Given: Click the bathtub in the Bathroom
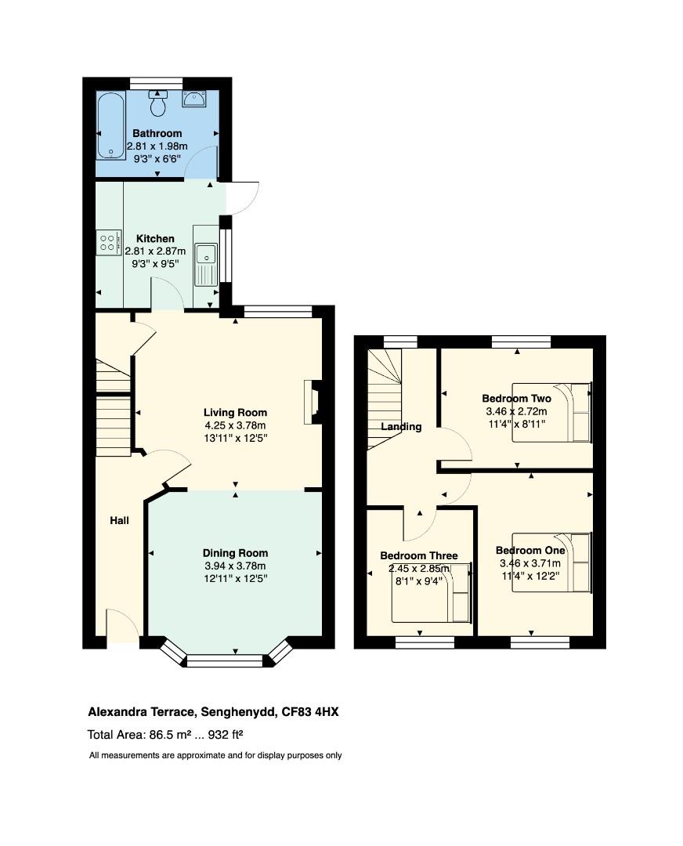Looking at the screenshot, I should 110,126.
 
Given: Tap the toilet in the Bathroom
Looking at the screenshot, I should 158,102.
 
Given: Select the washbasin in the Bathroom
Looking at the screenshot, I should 193,99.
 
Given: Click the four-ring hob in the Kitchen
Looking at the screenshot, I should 109,242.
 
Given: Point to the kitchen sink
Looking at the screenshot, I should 206,255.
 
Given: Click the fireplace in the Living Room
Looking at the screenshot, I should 312,402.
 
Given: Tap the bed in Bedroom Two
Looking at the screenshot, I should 551,412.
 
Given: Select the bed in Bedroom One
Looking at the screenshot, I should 551,562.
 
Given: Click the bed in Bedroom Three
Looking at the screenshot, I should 432,592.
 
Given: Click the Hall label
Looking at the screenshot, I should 119,521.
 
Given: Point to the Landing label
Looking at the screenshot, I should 401,427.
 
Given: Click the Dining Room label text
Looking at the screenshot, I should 235,553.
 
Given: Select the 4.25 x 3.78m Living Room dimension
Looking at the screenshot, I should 235,425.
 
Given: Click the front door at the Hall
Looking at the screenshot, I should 123,627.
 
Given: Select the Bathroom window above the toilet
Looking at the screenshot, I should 156,82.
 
